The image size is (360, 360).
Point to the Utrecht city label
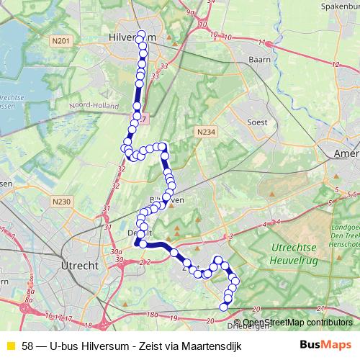pyautogui.click(x=80, y=265)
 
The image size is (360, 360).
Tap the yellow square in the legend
pyautogui.click(x=10, y=346)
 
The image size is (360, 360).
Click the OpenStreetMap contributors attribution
pyautogui.click(x=297, y=322)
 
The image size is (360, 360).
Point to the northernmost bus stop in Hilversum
pyautogui.click(x=141, y=35)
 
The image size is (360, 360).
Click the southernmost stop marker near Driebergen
pyautogui.click(x=223, y=307)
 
